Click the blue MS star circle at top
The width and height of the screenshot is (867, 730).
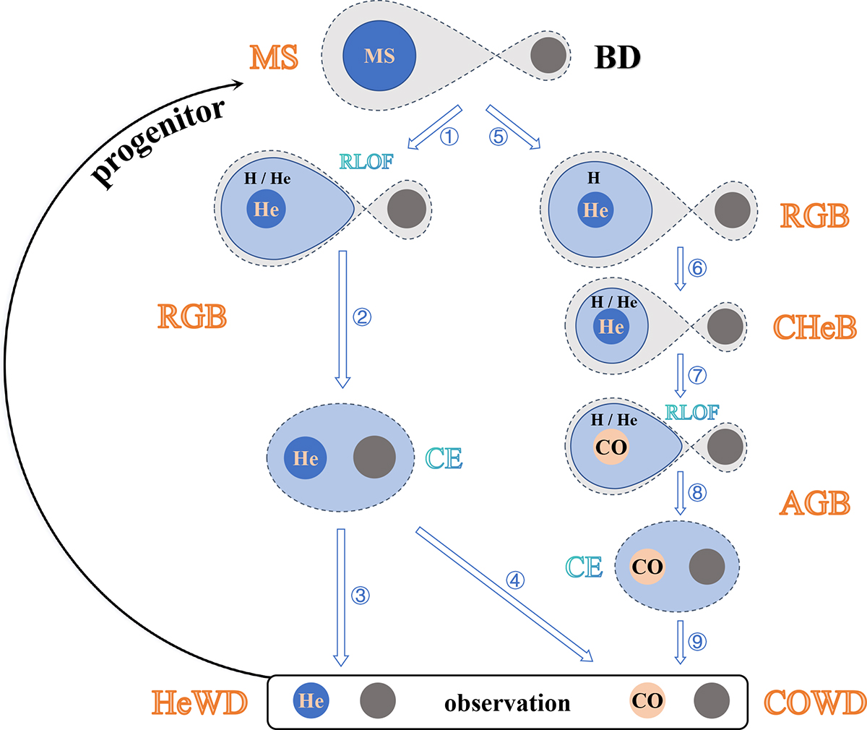(379, 56)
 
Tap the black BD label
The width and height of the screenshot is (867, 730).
(617, 58)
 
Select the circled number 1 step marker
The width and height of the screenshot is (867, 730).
(449, 136)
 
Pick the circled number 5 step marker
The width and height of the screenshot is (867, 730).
(499, 136)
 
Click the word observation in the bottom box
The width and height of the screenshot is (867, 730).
(507, 703)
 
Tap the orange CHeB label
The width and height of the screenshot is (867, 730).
(815, 327)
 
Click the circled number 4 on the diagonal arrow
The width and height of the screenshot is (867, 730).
(515, 580)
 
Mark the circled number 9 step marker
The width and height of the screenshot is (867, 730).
(697, 641)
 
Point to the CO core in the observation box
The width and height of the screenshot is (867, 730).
(647, 701)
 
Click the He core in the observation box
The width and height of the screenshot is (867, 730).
(311, 701)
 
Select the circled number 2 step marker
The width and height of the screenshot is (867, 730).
(362, 317)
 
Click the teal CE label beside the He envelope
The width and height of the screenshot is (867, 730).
(444, 459)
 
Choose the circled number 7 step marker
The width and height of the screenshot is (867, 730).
(697, 375)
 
